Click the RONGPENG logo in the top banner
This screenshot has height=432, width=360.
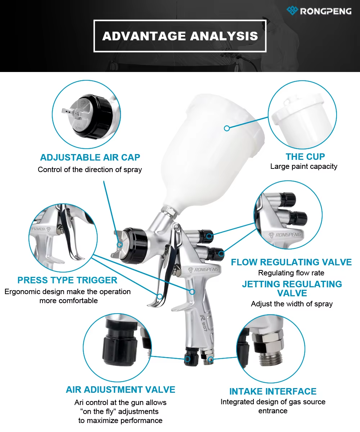(x=319, y=11)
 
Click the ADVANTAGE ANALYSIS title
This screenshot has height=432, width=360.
(x=180, y=36)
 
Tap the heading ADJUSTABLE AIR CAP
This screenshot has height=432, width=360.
(x=90, y=157)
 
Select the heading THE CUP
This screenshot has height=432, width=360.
(x=305, y=157)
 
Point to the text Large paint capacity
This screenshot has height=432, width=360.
(x=304, y=166)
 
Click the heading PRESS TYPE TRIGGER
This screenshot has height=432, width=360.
(x=67, y=280)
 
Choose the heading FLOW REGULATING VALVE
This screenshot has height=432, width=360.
(x=291, y=262)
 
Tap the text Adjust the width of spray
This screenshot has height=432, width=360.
(x=292, y=304)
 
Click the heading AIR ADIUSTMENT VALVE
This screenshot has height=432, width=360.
(x=120, y=390)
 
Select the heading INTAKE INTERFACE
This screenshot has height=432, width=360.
(x=273, y=391)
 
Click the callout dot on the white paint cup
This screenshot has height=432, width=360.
(x=227, y=128)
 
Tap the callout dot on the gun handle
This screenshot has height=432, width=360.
(x=192, y=292)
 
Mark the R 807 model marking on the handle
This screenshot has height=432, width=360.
(x=204, y=324)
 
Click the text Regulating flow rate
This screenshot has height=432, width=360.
(x=291, y=273)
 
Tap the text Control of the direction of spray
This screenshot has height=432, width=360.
(x=90, y=170)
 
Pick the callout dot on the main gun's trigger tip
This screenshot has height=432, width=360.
(x=159, y=297)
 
